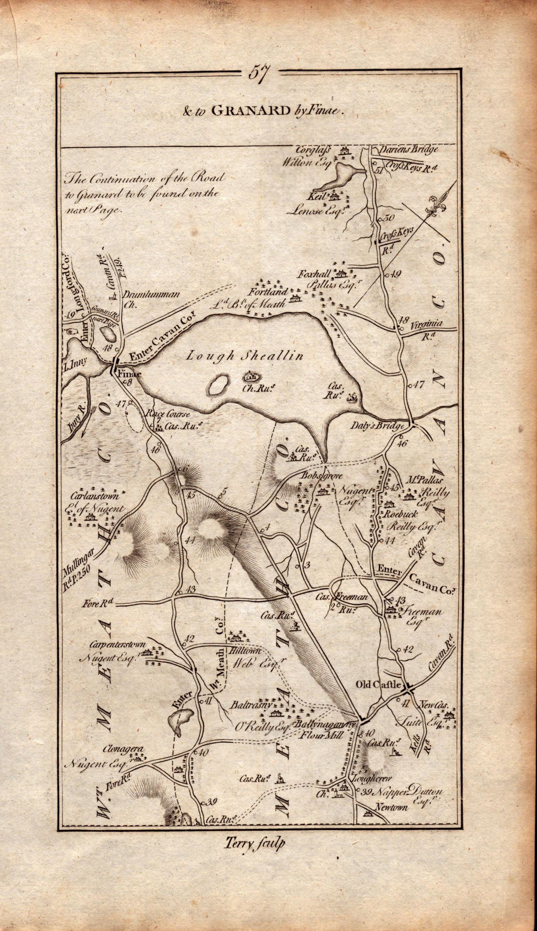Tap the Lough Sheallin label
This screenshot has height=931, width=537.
tap(245, 356)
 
